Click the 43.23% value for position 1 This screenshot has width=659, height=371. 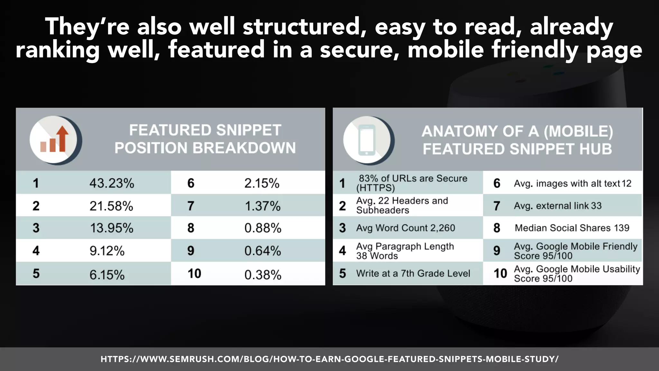click(x=112, y=183)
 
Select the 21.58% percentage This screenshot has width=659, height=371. click(x=111, y=206)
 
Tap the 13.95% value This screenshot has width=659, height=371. click(x=112, y=228)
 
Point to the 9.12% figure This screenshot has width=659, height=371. click(x=107, y=251)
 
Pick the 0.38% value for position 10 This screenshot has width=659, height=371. click(x=263, y=275)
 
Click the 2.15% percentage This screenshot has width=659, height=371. click(x=262, y=183)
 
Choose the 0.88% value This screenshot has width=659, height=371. click(x=263, y=228)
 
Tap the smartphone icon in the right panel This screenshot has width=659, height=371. click(x=367, y=140)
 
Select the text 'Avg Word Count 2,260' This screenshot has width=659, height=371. click(x=405, y=228)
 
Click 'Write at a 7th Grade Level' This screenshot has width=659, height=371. click(x=413, y=273)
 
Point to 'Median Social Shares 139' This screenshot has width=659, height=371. click(x=572, y=228)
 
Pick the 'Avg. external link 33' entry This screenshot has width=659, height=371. click(x=558, y=206)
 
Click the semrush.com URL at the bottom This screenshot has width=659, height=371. click(x=329, y=359)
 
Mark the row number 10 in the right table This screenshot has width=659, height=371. click(x=500, y=273)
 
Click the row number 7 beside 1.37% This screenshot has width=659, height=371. click(x=191, y=206)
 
